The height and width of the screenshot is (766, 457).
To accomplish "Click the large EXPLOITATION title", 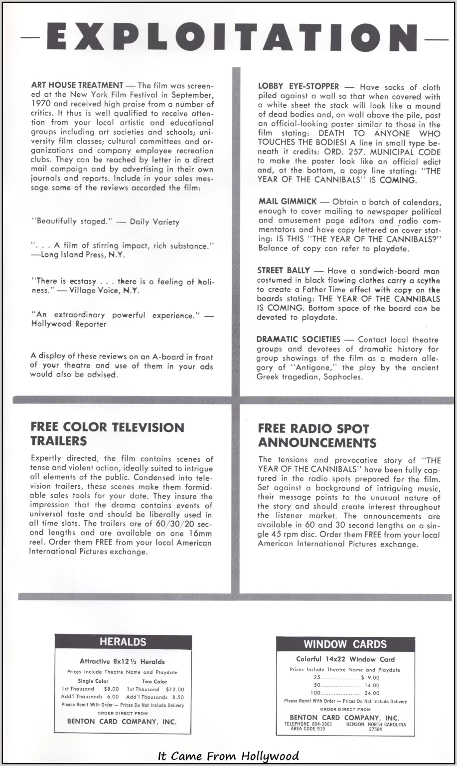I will point(228,37).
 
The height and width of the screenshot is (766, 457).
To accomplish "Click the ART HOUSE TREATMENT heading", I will point(77,86).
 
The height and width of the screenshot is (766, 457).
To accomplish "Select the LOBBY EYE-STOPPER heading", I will point(298,87).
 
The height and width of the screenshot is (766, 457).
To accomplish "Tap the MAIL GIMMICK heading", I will point(288,201).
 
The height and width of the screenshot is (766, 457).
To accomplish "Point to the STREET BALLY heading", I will point(284,271).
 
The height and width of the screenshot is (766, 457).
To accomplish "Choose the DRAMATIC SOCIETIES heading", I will point(299,340).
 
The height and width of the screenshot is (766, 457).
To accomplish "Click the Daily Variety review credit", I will point(154,222).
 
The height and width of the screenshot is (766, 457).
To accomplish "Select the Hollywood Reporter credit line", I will point(69,324).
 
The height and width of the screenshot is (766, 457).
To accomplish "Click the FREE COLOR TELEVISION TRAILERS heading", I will point(107,434).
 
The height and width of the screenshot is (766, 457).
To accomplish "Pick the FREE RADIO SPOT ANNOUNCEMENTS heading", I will point(317,435).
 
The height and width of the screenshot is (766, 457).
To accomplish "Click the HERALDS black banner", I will point(123,642).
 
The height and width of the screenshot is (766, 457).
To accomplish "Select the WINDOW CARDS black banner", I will point(345,644).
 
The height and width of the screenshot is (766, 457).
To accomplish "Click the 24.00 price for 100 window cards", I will point(372,693).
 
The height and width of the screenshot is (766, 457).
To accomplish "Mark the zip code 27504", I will point(375,729).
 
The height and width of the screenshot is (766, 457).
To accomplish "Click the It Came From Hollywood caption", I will point(228,756).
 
